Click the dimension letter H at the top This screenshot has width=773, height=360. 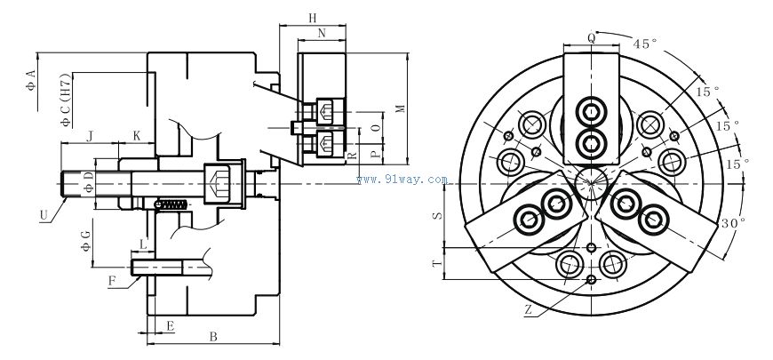pyautogui.click(x=312, y=18)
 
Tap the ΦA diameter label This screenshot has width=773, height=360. pyautogui.click(x=30, y=78)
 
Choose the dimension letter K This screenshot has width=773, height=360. pyautogui.click(x=137, y=135)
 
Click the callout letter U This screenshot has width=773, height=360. pyautogui.click(x=44, y=214)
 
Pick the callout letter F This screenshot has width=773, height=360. pyautogui.click(x=112, y=282)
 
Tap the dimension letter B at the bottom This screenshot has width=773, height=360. pyautogui.click(x=212, y=337)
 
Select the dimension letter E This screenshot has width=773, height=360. pyautogui.click(x=169, y=326)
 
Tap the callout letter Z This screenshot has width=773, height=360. pyautogui.click(x=528, y=311)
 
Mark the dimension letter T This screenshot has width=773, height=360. pyautogui.click(x=435, y=264)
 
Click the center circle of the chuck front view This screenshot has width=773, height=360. pyautogui.click(x=591, y=185)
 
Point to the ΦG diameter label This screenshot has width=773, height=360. pyautogui.click(x=85, y=240)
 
